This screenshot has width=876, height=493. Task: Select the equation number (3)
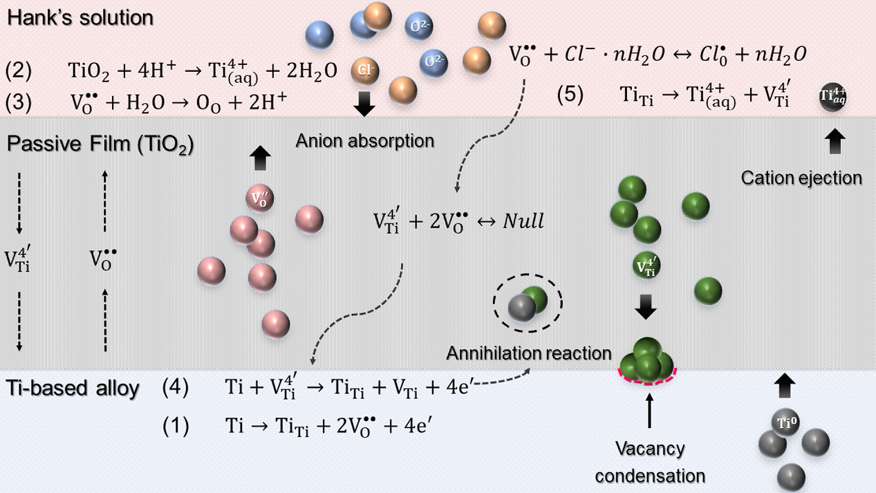pos(19,102)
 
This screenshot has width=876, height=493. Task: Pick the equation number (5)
pos(570,96)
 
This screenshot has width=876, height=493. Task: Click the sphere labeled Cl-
pos(364,69)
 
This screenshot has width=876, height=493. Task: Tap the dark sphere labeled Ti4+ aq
pos(832,97)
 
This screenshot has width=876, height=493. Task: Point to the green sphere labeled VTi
pos(646,267)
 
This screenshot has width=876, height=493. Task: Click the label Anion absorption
pos(364,142)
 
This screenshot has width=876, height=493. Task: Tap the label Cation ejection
pos(801,178)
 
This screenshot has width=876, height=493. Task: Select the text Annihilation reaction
pos(529,353)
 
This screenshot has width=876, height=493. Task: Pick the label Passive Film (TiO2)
pos(100,146)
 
